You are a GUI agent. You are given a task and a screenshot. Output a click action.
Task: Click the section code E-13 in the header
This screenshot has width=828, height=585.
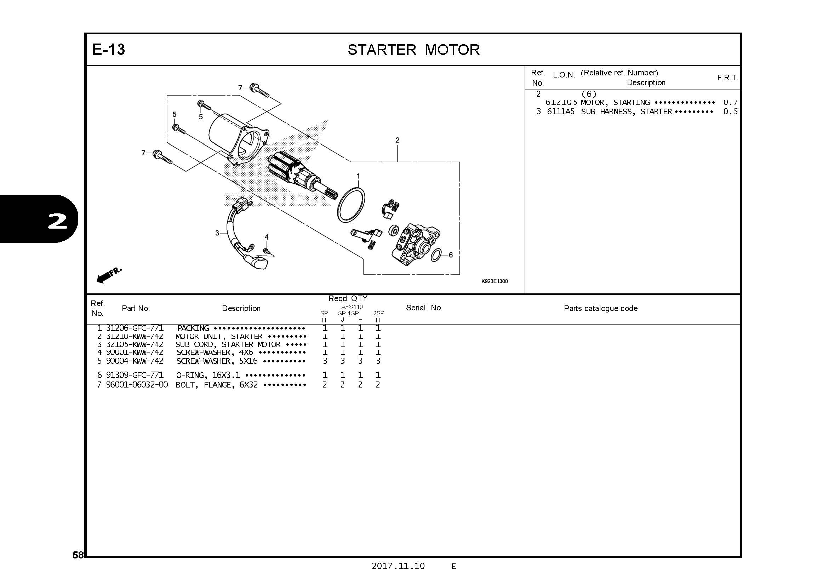[108, 50]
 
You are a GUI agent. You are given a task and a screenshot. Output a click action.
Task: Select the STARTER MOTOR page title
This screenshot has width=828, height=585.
[413, 50]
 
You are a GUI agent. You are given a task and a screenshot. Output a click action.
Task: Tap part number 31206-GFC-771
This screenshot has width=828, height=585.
[135, 328]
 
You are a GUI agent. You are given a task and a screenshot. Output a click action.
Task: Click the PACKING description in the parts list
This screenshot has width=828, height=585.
[193, 328]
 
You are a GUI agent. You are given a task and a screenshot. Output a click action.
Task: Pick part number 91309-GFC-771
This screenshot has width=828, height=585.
[135, 375]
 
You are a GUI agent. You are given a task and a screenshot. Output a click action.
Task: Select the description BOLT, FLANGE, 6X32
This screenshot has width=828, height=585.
[217, 385]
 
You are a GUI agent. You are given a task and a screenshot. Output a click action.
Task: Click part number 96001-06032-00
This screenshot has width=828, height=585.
[137, 385]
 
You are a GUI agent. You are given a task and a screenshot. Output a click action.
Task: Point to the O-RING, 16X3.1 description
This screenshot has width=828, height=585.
[208, 375]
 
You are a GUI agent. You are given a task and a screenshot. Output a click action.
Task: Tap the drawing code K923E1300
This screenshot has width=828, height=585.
[495, 281]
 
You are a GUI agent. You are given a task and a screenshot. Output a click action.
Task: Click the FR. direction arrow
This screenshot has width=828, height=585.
[109, 275]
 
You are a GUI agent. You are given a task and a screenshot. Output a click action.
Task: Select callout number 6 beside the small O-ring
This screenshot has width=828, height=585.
[450, 255]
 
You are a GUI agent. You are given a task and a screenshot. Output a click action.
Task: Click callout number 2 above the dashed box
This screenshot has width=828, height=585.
[398, 140]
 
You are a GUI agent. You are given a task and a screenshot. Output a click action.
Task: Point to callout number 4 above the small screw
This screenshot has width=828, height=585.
[267, 237]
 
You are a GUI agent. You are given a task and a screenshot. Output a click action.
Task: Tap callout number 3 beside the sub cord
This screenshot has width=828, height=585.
[217, 233]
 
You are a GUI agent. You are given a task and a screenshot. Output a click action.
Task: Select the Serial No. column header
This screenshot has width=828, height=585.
[424, 308]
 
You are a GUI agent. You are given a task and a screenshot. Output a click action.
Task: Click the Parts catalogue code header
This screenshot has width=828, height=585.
[600, 309]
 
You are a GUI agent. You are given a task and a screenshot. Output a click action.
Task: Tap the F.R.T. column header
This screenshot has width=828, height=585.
[727, 78]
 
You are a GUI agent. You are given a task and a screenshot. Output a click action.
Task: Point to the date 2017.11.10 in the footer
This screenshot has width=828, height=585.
[398, 566]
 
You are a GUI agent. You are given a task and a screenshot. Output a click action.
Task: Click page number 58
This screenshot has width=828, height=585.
[78, 555]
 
